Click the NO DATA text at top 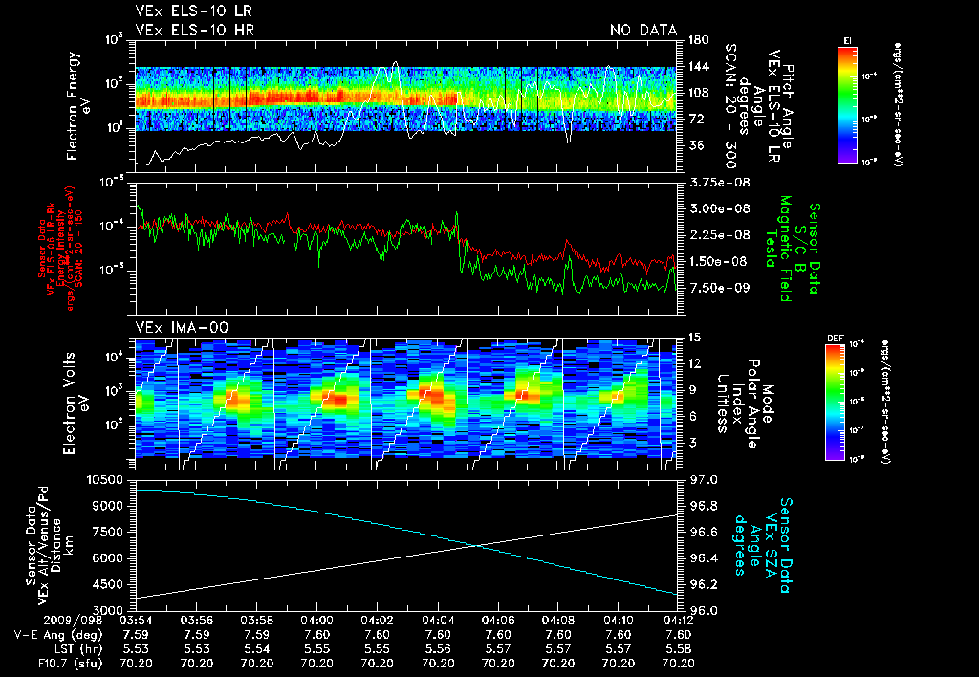tap(643, 31)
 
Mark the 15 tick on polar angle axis tap(692, 337)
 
